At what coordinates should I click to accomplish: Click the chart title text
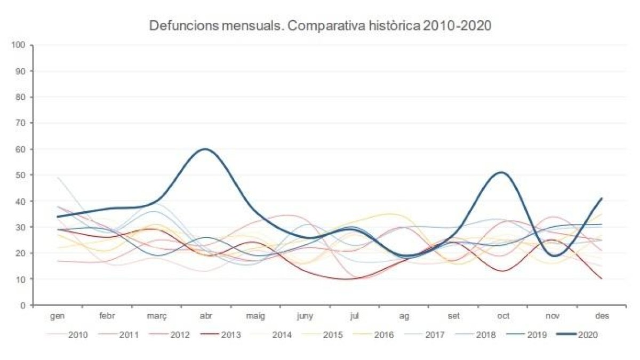coord(320,26)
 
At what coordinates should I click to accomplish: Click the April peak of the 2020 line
coord(205,149)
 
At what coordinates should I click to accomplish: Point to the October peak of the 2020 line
coord(501,172)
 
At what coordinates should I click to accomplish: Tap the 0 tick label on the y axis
coord(23,305)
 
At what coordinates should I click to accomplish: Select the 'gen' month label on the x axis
coord(57,316)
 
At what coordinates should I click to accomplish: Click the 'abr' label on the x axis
coord(205,316)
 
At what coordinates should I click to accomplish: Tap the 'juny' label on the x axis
coord(305,316)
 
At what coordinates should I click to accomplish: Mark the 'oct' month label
coord(502,316)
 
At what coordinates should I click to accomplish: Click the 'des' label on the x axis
coord(602,316)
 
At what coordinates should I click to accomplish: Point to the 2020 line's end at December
coord(602,198)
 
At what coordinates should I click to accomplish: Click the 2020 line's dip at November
coord(553,255)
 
